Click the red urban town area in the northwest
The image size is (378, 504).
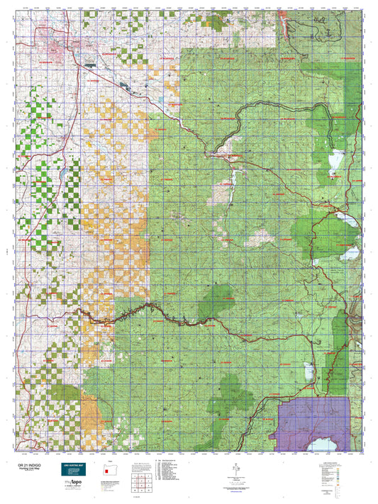[x=57, y=50]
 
